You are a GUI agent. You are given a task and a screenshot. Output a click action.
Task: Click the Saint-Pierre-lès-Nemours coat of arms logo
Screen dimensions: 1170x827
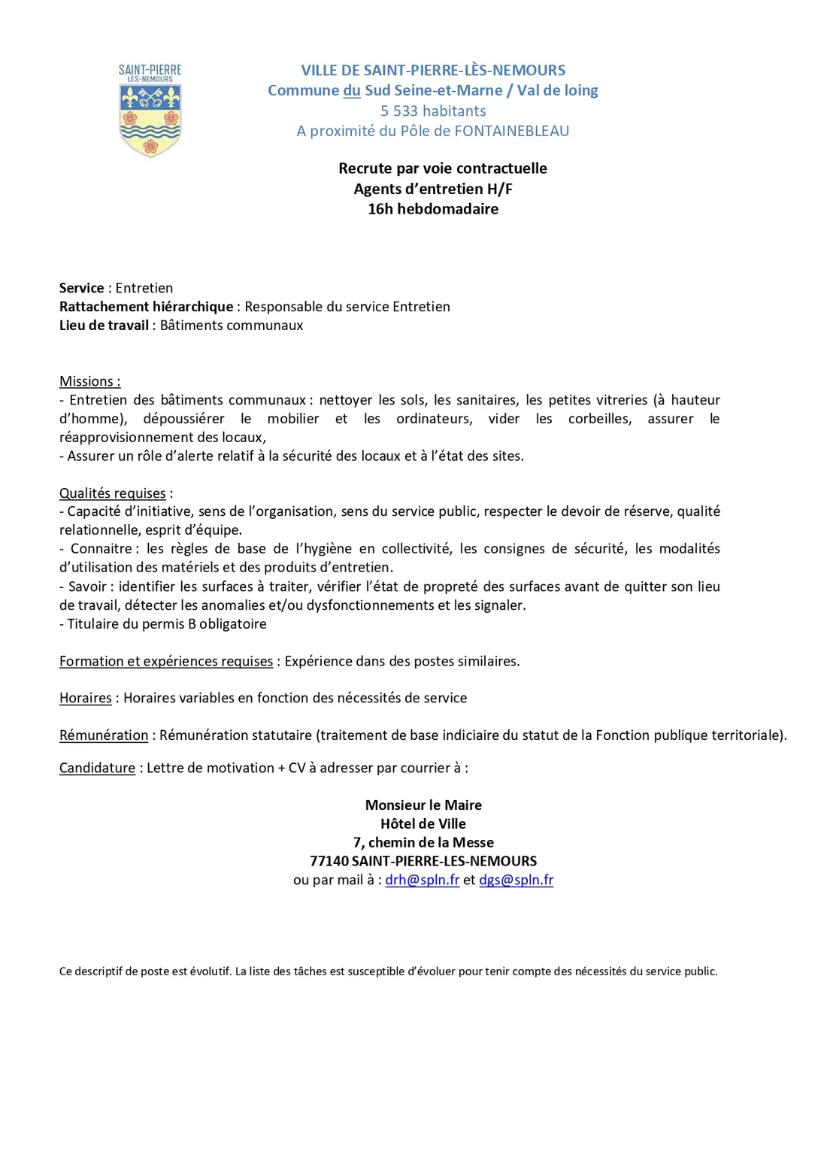click(x=150, y=111)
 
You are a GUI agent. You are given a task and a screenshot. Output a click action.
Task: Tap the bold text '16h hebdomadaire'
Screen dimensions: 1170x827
click(x=433, y=209)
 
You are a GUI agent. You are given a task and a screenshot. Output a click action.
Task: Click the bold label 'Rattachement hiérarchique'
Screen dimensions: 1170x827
click(x=147, y=307)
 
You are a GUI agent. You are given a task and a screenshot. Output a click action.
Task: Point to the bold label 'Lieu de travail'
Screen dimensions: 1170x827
click(x=104, y=326)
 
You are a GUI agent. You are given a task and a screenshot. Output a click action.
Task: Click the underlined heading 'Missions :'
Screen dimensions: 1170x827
click(x=90, y=381)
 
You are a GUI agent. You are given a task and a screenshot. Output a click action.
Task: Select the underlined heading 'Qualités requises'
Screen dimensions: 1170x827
click(x=113, y=493)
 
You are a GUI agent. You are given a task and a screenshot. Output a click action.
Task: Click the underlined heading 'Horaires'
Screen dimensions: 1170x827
click(x=86, y=698)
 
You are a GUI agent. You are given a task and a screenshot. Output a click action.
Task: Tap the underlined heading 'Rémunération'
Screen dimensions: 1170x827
click(x=104, y=735)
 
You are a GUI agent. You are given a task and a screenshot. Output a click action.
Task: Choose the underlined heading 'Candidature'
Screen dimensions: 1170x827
click(x=98, y=768)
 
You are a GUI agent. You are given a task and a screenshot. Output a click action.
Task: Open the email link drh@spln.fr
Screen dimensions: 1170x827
click(x=423, y=880)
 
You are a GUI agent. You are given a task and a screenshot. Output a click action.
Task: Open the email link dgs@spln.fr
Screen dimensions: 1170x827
click(x=516, y=880)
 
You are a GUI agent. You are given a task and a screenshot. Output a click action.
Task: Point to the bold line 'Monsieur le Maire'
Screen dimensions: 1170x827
click(x=423, y=805)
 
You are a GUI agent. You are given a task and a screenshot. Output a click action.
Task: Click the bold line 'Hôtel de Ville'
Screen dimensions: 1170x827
click(x=423, y=824)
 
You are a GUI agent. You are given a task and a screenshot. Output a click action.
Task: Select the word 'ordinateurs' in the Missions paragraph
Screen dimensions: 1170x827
click(x=435, y=419)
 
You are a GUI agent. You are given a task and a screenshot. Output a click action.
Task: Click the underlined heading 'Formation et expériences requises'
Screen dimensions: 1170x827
click(x=166, y=661)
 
